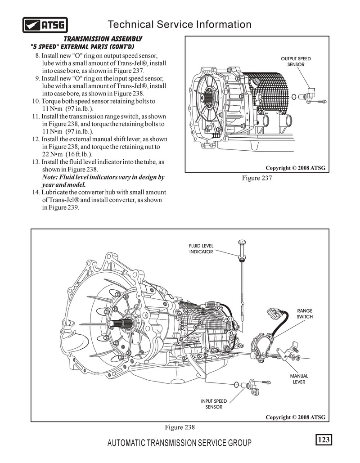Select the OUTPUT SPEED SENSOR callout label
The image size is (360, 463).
tap(296, 62)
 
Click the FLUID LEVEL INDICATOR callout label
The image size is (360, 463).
tap(201, 249)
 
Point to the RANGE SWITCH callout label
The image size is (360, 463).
tap(305, 314)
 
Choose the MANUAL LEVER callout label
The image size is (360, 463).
tap(299, 379)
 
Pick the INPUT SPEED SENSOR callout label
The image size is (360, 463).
tap(214, 404)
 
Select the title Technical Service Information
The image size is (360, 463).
tap(180, 24)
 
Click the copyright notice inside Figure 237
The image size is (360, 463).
tap(295, 168)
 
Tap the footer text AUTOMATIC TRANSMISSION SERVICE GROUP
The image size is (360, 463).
tap(180, 443)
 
